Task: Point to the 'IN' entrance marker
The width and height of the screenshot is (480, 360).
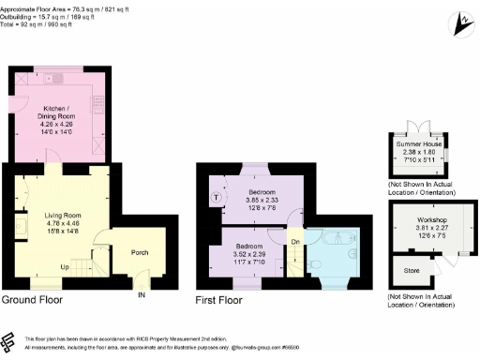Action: click(142, 295)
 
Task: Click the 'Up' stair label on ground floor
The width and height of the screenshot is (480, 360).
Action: click(65, 266)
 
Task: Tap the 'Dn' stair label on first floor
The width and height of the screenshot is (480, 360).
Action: click(296, 241)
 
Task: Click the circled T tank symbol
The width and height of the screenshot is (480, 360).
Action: click(217, 197)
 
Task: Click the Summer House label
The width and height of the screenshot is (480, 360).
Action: click(420, 143)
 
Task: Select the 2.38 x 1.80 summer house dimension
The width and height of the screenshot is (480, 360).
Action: click(420, 152)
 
